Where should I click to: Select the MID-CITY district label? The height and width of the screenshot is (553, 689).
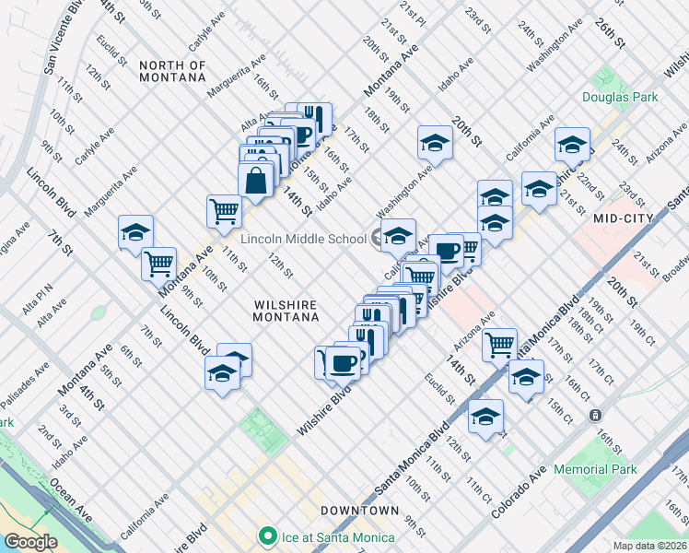tap(624, 218)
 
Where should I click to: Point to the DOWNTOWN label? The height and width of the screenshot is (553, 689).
tap(360, 510)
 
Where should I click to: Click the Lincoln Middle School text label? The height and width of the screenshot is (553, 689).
tap(303, 240)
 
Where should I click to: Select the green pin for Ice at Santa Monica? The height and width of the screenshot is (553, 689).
tap(268, 535)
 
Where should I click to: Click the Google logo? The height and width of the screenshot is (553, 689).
tap(30, 542)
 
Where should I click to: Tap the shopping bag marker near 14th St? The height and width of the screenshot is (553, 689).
tap(256, 181)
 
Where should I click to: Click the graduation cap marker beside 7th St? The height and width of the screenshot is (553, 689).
tap(135, 232)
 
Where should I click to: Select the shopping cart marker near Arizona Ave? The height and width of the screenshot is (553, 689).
tap(499, 345)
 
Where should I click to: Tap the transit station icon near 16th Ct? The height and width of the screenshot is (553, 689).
tap(596, 415)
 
